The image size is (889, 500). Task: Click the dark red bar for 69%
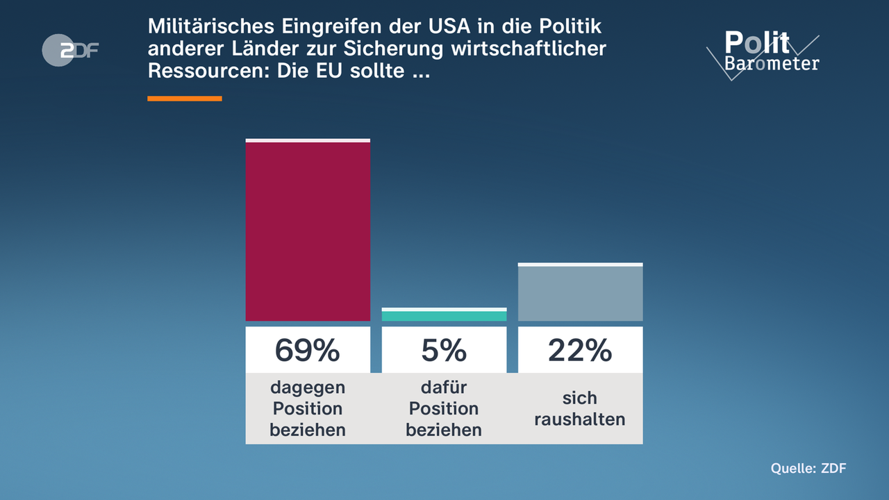click(x=308, y=231)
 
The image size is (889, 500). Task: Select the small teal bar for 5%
click(x=444, y=315)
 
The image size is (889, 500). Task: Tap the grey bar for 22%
click(x=580, y=293)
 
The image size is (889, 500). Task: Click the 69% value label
click(x=308, y=350)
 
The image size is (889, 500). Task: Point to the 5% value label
click(x=444, y=350)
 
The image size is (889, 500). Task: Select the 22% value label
click(x=580, y=350)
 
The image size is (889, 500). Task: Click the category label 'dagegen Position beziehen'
click(x=308, y=408)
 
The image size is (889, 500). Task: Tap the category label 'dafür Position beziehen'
click(x=444, y=408)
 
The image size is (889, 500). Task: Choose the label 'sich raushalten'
click(x=580, y=408)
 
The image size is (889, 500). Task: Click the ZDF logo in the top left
click(x=70, y=50)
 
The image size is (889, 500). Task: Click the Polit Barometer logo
click(x=764, y=53)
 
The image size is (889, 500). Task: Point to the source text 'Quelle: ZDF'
click(x=808, y=468)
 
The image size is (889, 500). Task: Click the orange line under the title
click(x=185, y=99)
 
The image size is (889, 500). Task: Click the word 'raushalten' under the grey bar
click(x=580, y=419)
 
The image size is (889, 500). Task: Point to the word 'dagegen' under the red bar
click(x=308, y=387)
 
